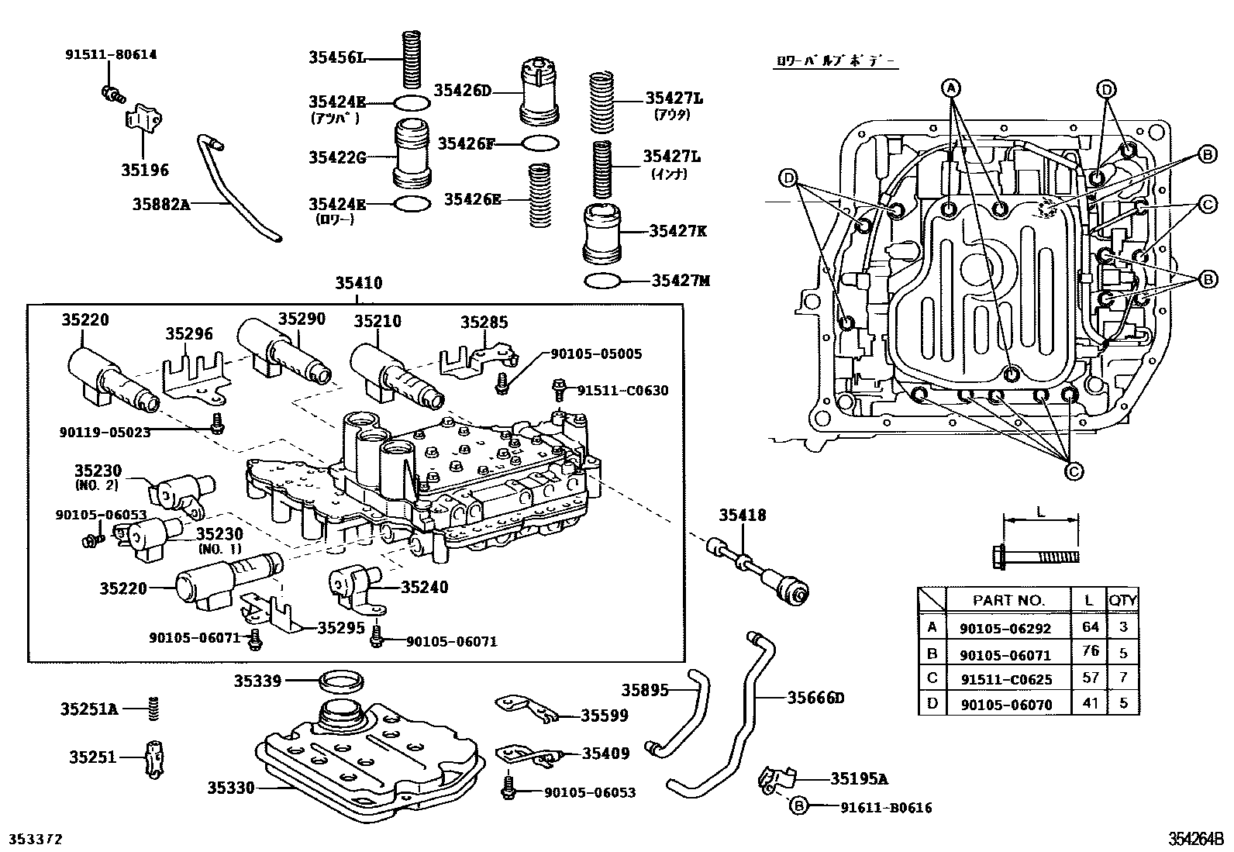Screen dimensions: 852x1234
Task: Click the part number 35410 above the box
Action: pyautogui.click(x=358, y=284)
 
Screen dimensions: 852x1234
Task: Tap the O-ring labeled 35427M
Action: pyautogui.click(x=602, y=280)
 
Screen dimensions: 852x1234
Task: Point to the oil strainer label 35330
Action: pyautogui.click(x=230, y=788)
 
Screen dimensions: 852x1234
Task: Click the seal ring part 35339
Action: pyautogui.click(x=341, y=682)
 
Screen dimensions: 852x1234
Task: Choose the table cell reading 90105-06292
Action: pyautogui.click(x=1005, y=628)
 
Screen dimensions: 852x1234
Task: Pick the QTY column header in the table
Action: pyautogui.click(x=1122, y=599)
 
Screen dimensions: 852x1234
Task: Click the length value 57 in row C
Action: pyautogui.click(x=1091, y=678)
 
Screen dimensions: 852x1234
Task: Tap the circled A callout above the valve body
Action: pyautogui.click(x=951, y=88)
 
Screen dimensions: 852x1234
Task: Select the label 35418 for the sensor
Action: pyautogui.click(x=742, y=516)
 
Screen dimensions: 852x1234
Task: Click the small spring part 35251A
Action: pyautogui.click(x=153, y=708)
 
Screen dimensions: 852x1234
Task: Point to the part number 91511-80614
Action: pyautogui.click(x=110, y=54)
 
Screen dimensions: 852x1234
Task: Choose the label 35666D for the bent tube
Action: pyautogui.click(x=815, y=698)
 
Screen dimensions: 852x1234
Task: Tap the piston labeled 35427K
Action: pyautogui.click(x=602, y=233)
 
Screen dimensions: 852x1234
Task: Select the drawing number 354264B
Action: pyautogui.click(x=1196, y=839)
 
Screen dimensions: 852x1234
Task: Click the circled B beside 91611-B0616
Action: pyautogui.click(x=798, y=807)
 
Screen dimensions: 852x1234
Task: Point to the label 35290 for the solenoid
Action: pyautogui.click(x=302, y=319)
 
